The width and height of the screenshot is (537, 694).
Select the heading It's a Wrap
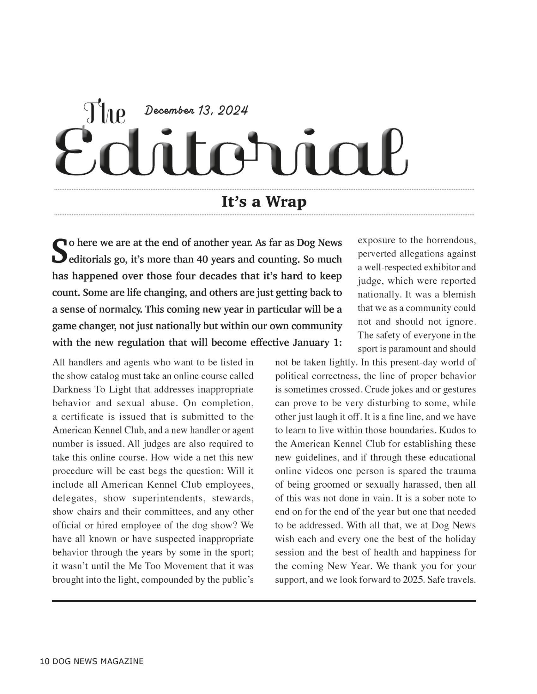(x=264, y=202)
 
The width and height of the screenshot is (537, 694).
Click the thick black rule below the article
(x=264, y=601)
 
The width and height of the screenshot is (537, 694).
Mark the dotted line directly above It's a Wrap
(x=264, y=189)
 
